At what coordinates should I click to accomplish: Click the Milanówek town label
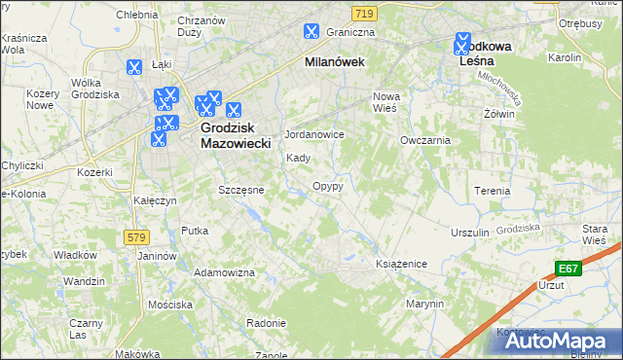tap(334, 61)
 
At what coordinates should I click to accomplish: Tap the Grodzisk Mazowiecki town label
tap(235, 134)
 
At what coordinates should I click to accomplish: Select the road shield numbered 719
tap(364, 13)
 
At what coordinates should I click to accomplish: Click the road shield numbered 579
tap(137, 236)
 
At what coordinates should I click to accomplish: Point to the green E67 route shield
tap(569, 268)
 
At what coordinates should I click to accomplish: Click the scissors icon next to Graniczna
tap(311, 31)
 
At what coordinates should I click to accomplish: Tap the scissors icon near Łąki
tap(133, 68)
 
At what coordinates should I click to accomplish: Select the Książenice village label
tap(402, 264)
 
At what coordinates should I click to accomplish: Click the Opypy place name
tap(327, 185)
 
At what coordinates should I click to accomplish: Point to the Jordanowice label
tap(313, 134)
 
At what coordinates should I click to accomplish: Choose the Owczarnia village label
tap(425, 140)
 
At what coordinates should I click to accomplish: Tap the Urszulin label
tap(469, 234)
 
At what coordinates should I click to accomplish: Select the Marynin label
tap(426, 304)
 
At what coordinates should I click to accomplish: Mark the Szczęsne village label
tap(240, 190)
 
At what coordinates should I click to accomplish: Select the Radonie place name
tap(266, 323)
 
